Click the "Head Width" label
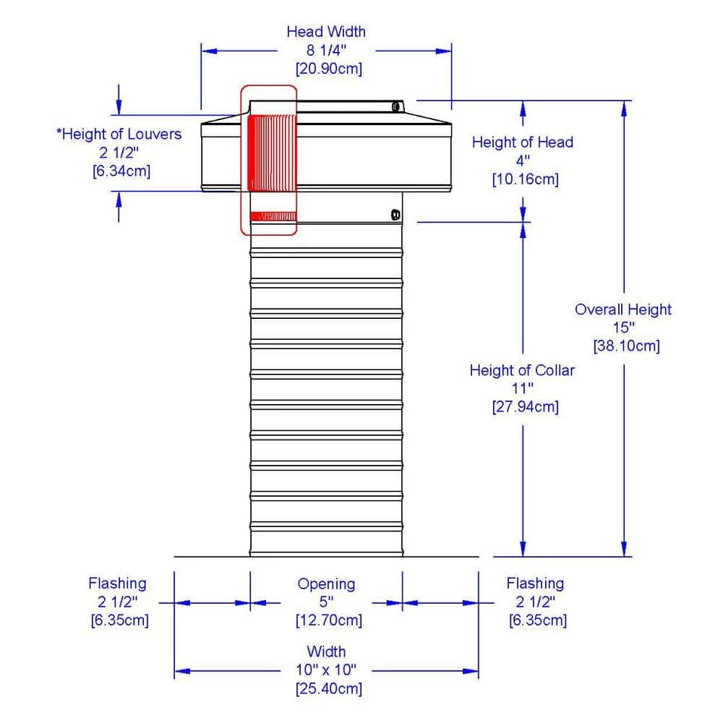(326, 32)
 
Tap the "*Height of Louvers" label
(119, 134)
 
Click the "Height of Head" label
(522, 142)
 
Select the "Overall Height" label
(623, 309)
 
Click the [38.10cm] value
(626, 346)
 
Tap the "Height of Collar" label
(522, 371)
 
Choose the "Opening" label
(327, 583)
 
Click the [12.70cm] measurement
(329, 620)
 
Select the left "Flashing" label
(117, 583)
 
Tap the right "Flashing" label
(535, 583)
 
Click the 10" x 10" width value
(327, 670)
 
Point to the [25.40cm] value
(329, 688)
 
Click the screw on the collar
(395, 215)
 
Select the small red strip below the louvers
(272, 216)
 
